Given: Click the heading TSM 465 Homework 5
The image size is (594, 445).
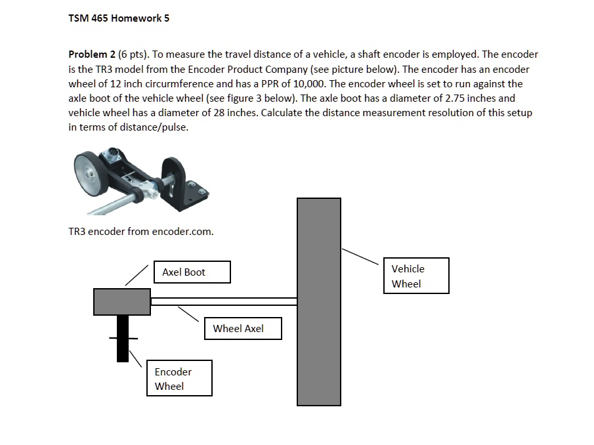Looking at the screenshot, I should click(119, 18).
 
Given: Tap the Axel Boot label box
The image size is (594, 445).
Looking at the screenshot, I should click(192, 272).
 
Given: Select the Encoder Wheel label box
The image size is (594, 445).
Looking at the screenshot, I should click(179, 379).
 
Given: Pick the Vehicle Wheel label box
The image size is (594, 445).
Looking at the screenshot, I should click(416, 276).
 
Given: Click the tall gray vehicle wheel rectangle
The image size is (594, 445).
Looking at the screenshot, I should click(319, 302).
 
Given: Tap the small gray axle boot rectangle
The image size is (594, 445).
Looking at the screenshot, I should click(122, 301).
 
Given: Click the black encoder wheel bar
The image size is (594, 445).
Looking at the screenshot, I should click(122, 339).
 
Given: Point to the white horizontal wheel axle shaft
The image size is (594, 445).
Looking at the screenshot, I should click(223, 302).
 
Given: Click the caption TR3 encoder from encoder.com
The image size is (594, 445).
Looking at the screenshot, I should click(141, 232).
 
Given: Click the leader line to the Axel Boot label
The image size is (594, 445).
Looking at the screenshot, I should click(137, 276).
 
